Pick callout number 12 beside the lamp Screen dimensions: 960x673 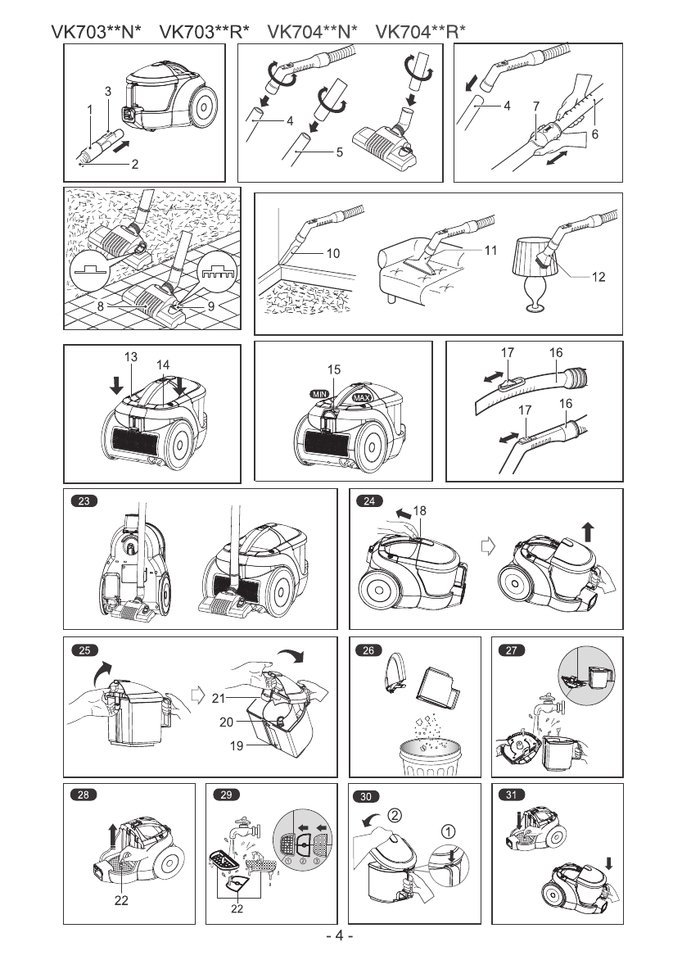click(598, 277)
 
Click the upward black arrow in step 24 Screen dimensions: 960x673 click(588, 533)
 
